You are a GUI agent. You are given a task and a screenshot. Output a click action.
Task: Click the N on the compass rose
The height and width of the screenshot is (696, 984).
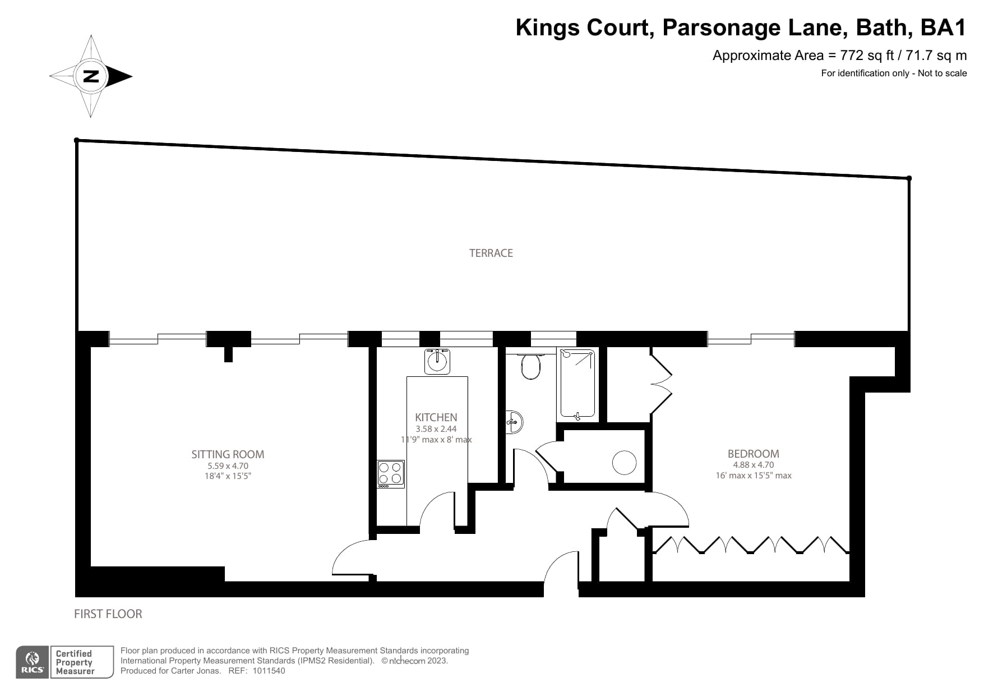(x=90, y=76)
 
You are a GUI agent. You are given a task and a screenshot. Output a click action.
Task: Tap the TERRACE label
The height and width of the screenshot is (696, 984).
(x=491, y=253)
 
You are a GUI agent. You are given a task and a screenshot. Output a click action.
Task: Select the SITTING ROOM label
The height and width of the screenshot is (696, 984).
(x=228, y=454)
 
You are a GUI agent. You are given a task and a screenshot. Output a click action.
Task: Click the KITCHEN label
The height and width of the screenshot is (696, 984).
(x=436, y=417)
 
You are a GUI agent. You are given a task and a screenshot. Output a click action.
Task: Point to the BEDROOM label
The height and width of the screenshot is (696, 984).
(x=753, y=454)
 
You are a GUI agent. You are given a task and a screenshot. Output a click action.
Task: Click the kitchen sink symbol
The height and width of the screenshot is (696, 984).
(x=437, y=361)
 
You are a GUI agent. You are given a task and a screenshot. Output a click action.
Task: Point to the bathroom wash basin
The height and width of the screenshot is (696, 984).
(x=515, y=421)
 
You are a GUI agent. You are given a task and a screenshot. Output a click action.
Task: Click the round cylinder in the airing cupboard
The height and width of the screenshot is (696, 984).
(x=624, y=463)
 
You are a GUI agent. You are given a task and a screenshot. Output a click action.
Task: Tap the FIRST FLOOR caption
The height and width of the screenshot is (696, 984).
(x=108, y=614)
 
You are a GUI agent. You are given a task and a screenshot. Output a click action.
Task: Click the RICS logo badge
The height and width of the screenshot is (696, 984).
(x=33, y=662)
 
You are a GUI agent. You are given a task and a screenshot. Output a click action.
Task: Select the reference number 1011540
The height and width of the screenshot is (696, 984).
(x=269, y=671)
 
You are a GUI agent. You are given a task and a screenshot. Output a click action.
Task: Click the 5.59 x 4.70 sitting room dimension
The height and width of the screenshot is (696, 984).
(x=228, y=465)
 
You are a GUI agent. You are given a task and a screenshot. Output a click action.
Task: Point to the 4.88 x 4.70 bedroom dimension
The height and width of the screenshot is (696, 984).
(x=753, y=464)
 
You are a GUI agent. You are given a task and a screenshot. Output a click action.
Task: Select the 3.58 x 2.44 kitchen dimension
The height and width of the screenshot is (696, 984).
(x=436, y=429)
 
